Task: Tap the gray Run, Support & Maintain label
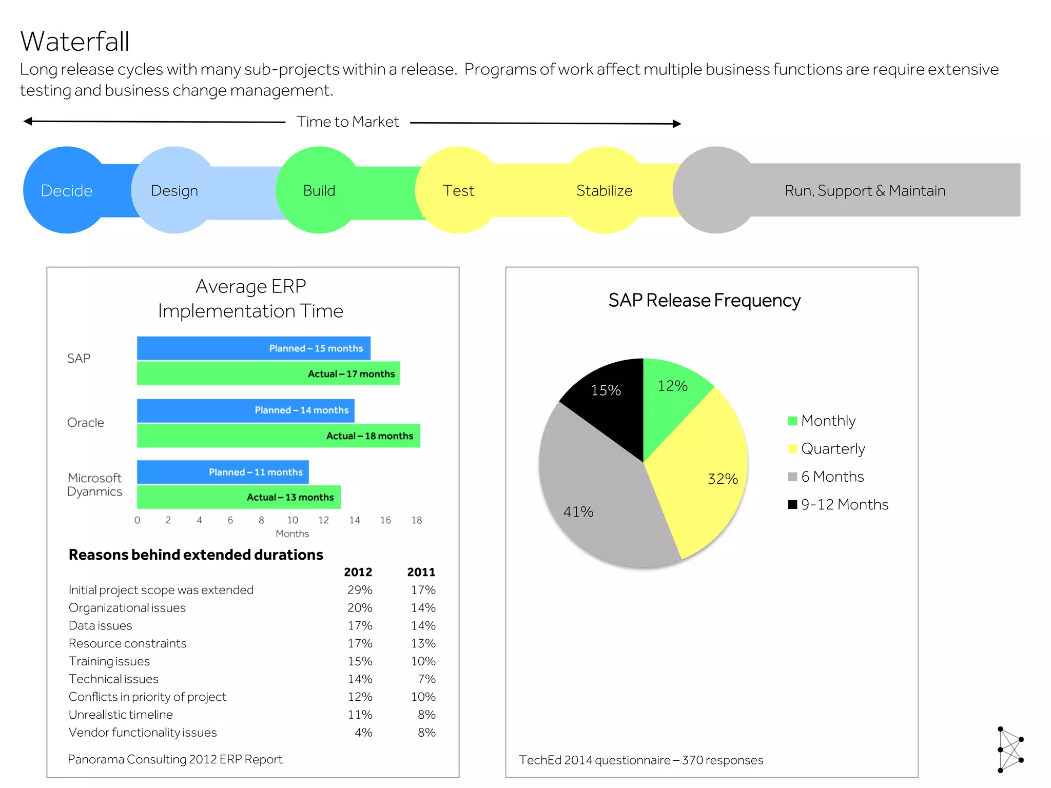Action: point(865,191)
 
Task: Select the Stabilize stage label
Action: point(604,191)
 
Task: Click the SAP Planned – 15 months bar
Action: point(254,348)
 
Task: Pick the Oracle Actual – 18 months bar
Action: point(278,436)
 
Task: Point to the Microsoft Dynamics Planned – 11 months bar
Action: point(223,472)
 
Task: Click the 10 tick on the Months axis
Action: point(293,520)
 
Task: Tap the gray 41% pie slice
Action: point(590,503)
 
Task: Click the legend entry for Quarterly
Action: point(832,449)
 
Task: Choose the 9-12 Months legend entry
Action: point(844,505)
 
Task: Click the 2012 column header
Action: point(358,572)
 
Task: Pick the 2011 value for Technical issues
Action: point(426,679)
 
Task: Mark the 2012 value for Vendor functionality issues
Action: point(363,733)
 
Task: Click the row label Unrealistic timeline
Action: point(121,715)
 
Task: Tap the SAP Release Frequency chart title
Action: point(704,301)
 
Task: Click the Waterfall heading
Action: point(75,42)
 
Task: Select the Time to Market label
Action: point(347,122)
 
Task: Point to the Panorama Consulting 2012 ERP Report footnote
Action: point(175,759)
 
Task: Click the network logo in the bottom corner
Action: point(1010,749)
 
